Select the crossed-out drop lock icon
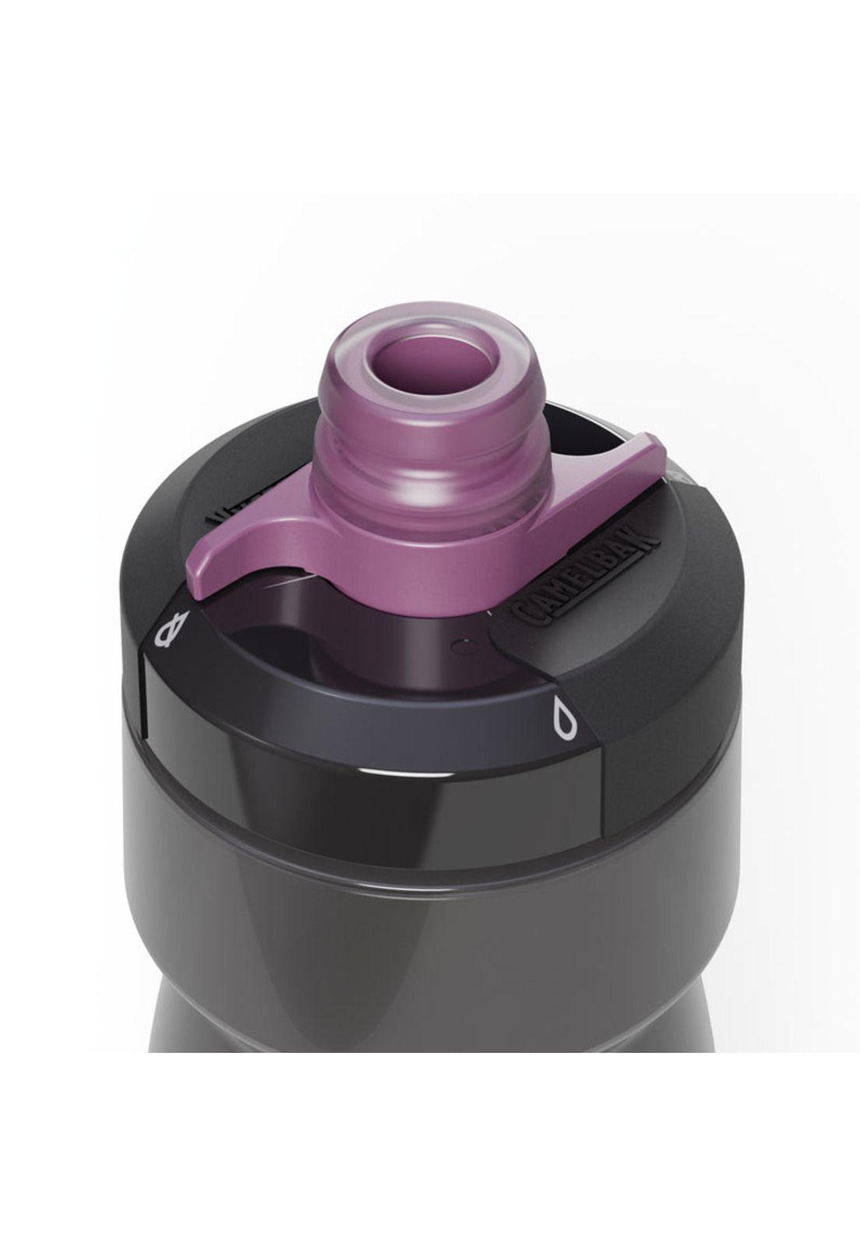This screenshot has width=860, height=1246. pos(173,631)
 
